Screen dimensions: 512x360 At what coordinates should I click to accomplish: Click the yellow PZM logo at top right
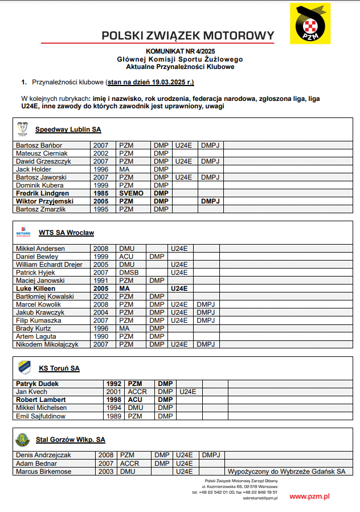tap(310, 23)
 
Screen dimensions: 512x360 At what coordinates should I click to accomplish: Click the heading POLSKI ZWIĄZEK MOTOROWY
tap(187, 35)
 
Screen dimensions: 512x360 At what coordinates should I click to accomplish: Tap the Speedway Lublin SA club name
tap(68, 129)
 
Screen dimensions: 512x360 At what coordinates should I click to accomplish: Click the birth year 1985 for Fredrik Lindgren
tap(100, 193)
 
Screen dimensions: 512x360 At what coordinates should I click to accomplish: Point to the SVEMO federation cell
tap(132, 193)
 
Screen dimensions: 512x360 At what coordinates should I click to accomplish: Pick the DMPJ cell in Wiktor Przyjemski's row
tap(210, 201)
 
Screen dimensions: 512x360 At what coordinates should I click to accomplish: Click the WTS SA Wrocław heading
tap(66, 233)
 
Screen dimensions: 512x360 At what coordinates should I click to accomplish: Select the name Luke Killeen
tap(36, 288)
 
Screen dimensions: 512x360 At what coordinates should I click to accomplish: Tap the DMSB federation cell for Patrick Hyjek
tap(129, 273)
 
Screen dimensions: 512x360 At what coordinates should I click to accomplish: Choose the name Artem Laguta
tap(36, 336)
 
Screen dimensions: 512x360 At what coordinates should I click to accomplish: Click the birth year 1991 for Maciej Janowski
tap(100, 281)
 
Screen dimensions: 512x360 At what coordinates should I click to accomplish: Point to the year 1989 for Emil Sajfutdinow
tap(114, 416)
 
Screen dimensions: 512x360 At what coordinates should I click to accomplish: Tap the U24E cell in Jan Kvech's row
tap(187, 392)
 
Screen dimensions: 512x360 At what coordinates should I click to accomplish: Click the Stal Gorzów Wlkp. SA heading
tap(70, 440)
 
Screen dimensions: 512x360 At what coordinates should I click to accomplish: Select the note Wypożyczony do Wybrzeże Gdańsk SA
tap(286, 472)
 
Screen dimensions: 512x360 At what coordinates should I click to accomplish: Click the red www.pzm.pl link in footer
tap(309, 496)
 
